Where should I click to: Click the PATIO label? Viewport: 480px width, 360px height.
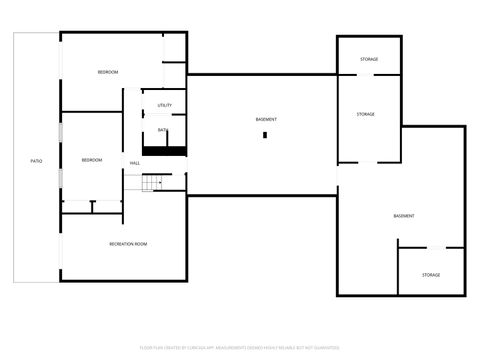point(36,160)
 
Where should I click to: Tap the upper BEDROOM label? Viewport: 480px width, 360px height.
point(108,72)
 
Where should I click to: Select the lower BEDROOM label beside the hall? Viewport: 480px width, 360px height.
point(92,160)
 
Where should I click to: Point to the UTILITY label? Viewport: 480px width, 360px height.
point(165,105)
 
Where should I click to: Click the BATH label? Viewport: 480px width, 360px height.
point(162,130)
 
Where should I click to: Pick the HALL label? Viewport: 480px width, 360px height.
point(134,162)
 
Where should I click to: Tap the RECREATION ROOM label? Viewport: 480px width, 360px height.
point(128,243)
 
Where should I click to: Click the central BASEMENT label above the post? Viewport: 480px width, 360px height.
point(266,119)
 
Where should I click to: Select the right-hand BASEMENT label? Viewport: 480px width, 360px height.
point(404,216)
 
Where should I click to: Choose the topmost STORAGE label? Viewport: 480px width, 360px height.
point(369,60)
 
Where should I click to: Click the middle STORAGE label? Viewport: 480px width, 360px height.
point(366,114)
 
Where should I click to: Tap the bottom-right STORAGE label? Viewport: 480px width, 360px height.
point(430,274)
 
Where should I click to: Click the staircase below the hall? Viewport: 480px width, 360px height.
point(149,184)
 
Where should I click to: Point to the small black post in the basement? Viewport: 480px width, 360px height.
point(265,136)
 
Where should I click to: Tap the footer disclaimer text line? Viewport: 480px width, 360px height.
point(239,348)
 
